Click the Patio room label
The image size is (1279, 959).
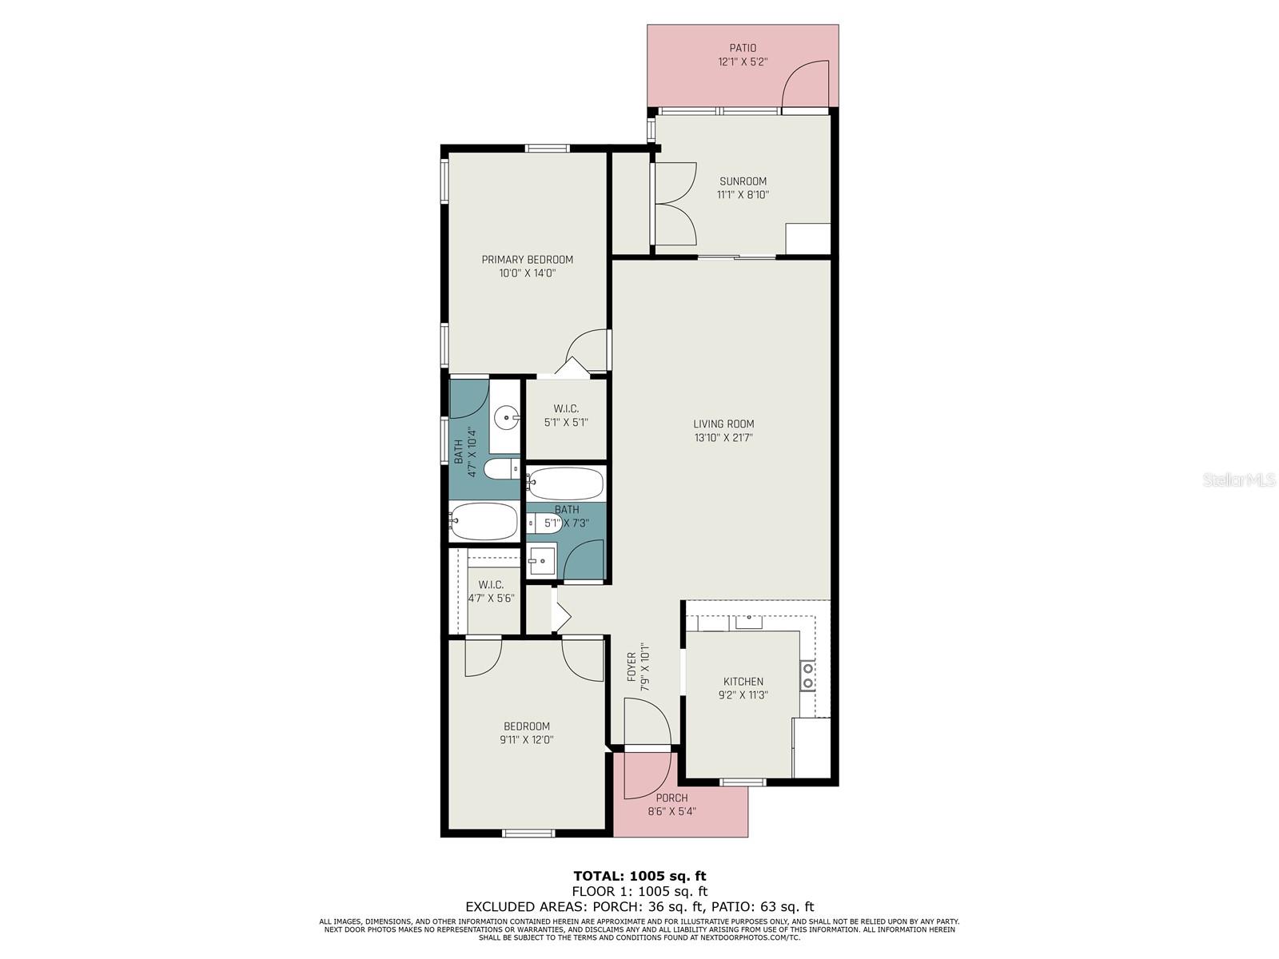pyautogui.click(x=743, y=48)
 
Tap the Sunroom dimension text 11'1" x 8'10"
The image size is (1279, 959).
pyautogui.click(x=743, y=195)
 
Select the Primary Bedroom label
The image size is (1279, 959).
pyautogui.click(x=528, y=260)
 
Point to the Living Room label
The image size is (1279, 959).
pyautogui.click(x=723, y=424)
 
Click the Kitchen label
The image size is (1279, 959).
pyautogui.click(x=743, y=681)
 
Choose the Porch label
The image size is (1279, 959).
pyautogui.click(x=671, y=798)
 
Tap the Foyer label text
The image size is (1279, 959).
pyautogui.click(x=632, y=667)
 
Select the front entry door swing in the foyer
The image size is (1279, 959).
pyautogui.click(x=647, y=722)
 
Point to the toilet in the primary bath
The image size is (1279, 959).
pyautogui.click(x=501, y=469)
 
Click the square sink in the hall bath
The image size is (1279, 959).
pyautogui.click(x=541, y=561)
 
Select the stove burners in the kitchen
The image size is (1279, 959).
pyautogui.click(x=807, y=675)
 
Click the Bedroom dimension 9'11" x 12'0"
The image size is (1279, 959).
pyautogui.click(x=527, y=740)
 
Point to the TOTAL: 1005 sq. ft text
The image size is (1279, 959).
pyautogui.click(x=639, y=876)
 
